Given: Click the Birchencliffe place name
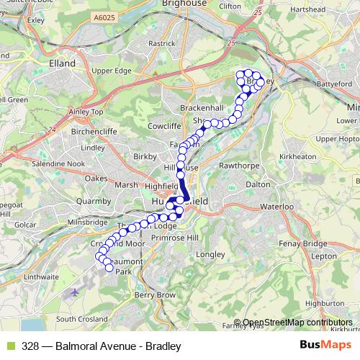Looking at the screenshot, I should pos(94,132).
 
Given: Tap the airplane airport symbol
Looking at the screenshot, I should pos(76,292).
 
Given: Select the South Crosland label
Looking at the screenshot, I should pos(82,318).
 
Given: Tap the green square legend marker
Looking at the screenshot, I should pos(9,346).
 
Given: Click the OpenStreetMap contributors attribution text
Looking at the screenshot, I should pos(293,323).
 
